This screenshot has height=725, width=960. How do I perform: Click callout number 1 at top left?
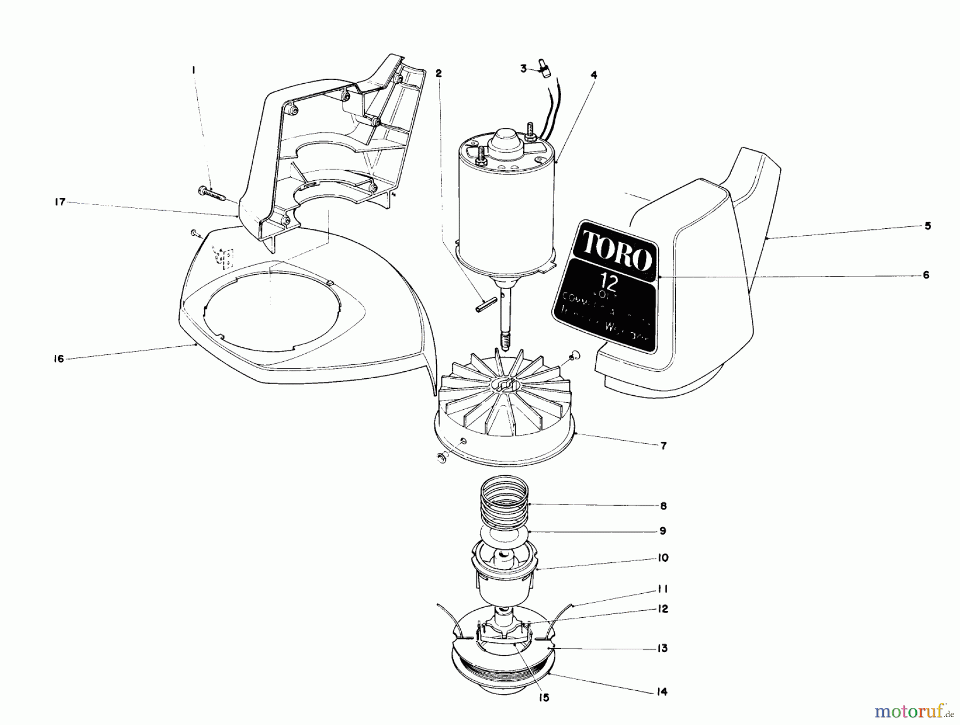pyautogui.click(x=194, y=70)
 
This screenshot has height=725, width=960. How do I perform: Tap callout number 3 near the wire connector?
pyautogui.click(x=524, y=68)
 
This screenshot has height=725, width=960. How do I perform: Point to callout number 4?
pyautogui.click(x=594, y=75)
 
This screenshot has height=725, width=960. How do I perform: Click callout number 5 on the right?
pyautogui.click(x=928, y=226)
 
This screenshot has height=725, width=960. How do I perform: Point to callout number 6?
pyautogui.click(x=926, y=275)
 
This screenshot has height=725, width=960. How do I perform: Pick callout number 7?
pyautogui.click(x=663, y=446)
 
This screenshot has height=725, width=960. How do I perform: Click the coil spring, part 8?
pyautogui.click(x=504, y=501)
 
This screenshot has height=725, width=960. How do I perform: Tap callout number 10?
pyautogui.click(x=663, y=558)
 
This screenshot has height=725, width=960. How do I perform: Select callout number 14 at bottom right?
pyautogui.click(x=663, y=692)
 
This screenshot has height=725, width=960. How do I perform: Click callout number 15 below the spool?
pyautogui.click(x=543, y=698)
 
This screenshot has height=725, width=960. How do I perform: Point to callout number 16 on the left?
pyautogui.click(x=59, y=359)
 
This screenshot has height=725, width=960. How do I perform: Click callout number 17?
pyautogui.click(x=60, y=202)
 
